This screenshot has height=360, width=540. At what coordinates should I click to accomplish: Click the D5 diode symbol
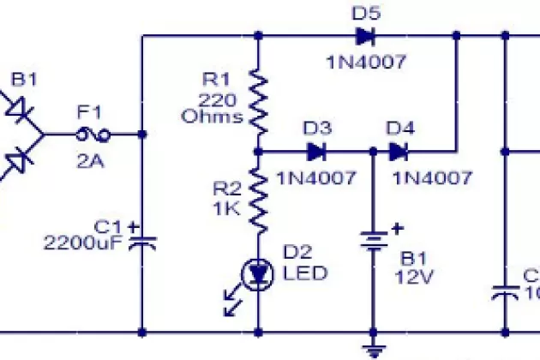point(364,36)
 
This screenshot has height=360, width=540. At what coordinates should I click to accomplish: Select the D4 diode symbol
point(399,153)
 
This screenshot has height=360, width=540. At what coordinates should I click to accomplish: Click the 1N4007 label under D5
point(365,62)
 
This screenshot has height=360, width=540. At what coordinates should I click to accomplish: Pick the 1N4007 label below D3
point(316,178)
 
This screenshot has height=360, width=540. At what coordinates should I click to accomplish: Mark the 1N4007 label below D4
point(432,178)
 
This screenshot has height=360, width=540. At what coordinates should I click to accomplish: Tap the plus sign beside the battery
point(397,229)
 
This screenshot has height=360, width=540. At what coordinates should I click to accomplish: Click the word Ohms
point(213,117)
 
